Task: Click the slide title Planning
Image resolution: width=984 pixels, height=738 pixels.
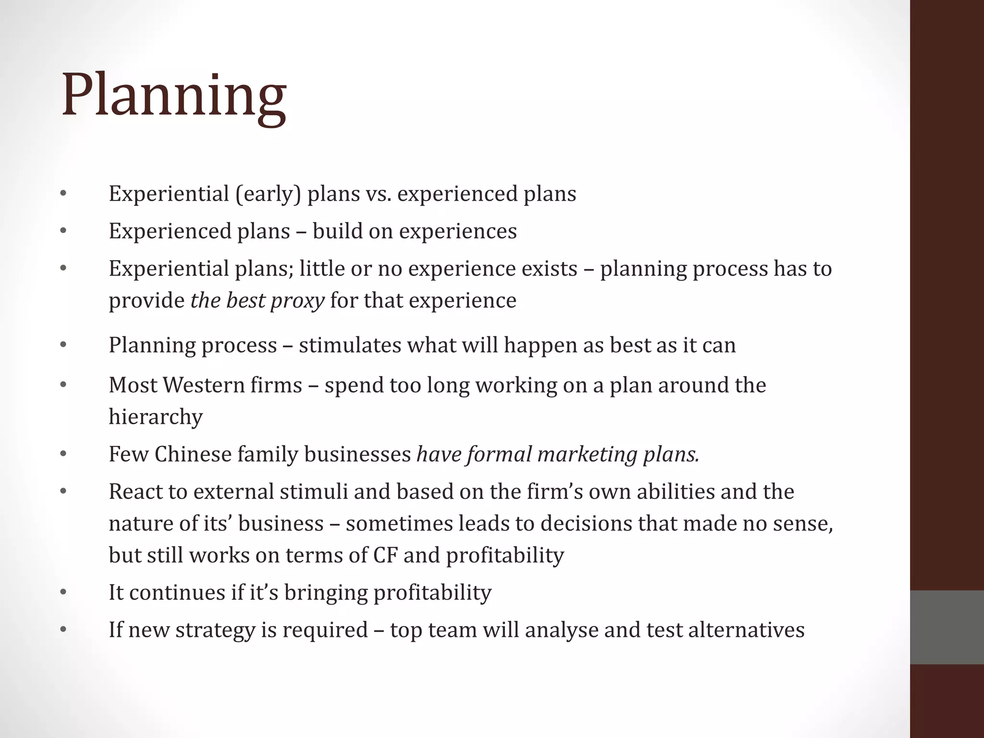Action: [174, 96]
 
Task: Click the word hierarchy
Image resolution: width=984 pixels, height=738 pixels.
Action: [156, 417]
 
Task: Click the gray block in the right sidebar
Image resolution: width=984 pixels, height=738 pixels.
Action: [947, 627]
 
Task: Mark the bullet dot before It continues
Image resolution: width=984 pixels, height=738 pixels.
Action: [63, 592]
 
